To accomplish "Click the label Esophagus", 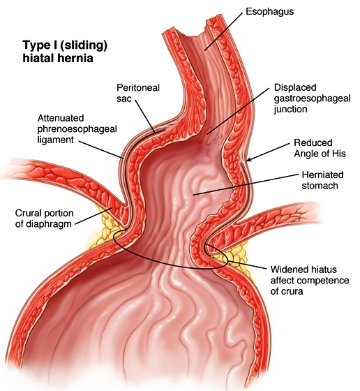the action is (269, 12).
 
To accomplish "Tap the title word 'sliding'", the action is (83, 45).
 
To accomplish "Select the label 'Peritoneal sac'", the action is (138, 93).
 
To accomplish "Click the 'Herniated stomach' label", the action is (322, 180).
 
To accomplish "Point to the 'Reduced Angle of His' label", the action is (320, 148).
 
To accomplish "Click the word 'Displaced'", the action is (295, 87).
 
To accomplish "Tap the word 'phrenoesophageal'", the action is (77, 129).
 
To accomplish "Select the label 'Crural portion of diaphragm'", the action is (45, 219).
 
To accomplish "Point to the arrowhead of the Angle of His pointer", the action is (248, 160).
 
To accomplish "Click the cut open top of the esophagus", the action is (194, 33).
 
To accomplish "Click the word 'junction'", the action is (290, 110).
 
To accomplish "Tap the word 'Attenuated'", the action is (61, 118).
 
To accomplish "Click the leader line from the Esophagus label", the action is (223, 31).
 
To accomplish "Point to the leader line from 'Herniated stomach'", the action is (246, 184).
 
